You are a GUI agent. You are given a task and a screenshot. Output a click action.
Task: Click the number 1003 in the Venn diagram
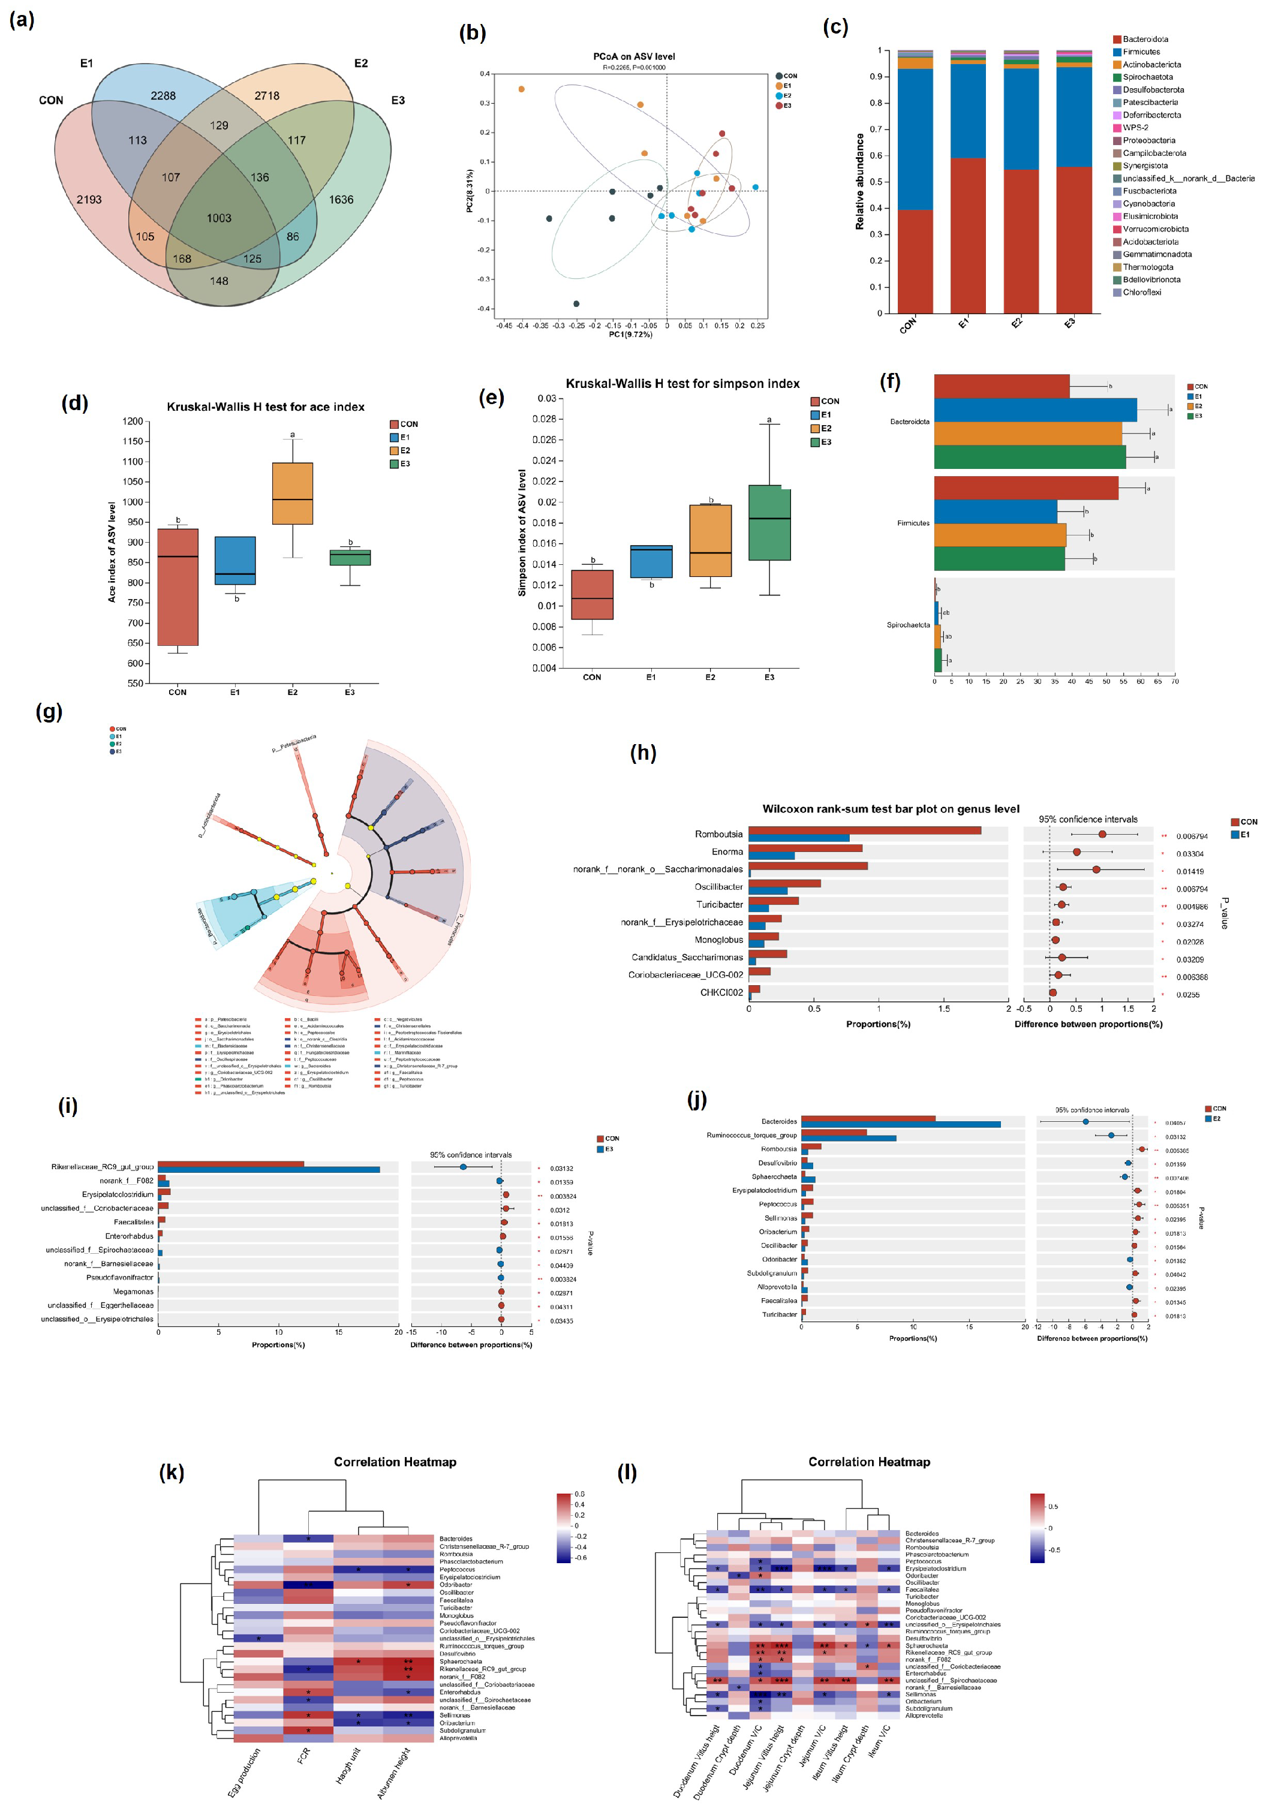pos(219,218)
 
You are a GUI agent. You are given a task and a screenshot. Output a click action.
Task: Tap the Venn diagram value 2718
pos(267,95)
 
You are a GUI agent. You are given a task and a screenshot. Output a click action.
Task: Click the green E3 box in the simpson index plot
pos(769,522)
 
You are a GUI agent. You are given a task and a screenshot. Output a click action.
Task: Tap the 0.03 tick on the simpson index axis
pos(547,399)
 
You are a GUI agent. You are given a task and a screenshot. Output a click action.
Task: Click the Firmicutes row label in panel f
pos(912,523)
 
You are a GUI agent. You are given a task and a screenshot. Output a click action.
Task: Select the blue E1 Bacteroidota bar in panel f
pos(1035,410)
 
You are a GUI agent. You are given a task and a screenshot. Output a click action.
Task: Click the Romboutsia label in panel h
pos(718,833)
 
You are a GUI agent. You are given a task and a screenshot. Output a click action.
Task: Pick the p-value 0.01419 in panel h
pos(1191,871)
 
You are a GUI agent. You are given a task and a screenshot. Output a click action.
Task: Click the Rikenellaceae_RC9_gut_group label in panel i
pos(103,1167)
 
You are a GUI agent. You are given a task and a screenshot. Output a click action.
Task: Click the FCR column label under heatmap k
pos(303,1756)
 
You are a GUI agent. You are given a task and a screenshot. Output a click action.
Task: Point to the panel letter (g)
pos(49,712)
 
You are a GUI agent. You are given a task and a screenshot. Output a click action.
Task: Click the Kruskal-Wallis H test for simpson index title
pos(682,384)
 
